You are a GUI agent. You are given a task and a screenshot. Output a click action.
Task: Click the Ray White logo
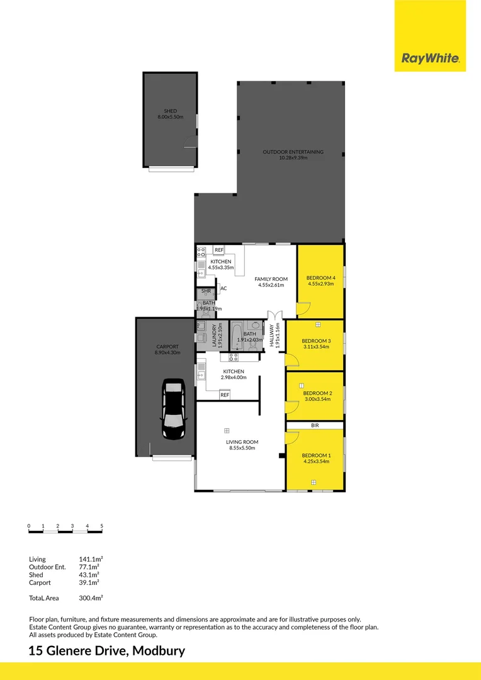pyautogui.click(x=430, y=58)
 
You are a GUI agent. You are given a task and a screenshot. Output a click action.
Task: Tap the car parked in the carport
pyautogui.click(x=174, y=409)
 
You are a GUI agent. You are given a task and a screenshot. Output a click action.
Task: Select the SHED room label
pyautogui.click(x=171, y=111)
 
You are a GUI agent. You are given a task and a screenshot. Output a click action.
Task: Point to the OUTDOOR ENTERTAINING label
pyautogui.click(x=293, y=152)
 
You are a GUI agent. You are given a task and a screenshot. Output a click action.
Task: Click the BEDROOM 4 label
pyautogui.click(x=321, y=278)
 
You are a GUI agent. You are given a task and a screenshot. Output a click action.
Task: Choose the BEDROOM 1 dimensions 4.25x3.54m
pyautogui.click(x=316, y=462)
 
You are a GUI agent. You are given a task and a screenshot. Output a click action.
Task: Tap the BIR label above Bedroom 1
pyautogui.click(x=315, y=426)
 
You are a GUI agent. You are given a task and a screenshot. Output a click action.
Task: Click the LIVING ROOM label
pyautogui.click(x=242, y=442)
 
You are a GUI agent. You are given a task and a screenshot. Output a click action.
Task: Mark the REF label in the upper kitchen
pyautogui.click(x=219, y=250)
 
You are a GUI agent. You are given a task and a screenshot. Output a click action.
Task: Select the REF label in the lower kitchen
pyautogui.click(x=225, y=395)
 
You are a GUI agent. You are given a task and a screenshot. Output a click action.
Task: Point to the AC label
pyautogui.click(x=224, y=288)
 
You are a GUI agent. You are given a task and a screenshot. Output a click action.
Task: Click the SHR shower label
pyautogui.click(x=206, y=291)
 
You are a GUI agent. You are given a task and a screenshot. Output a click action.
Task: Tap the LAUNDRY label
pyautogui.click(x=214, y=335)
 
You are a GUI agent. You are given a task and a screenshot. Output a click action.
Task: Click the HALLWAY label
pyautogui.click(x=272, y=335)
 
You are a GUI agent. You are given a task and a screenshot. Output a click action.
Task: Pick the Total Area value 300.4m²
pyautogui.click(x=91, y=598)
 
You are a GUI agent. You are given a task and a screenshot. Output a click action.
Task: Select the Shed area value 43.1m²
pyautogui.click(x=89, y=575)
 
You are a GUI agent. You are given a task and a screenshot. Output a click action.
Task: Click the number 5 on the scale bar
pyautogui.click(x=102, y=526)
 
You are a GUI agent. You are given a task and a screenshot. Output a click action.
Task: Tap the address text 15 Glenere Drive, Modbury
pyautogui.click(x=106, y=651)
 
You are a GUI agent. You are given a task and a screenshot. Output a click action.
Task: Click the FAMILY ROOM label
pyautogui.click(x=271, y=279)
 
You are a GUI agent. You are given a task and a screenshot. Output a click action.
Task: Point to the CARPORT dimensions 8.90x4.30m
pyautogui.click(x=167, y=353)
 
